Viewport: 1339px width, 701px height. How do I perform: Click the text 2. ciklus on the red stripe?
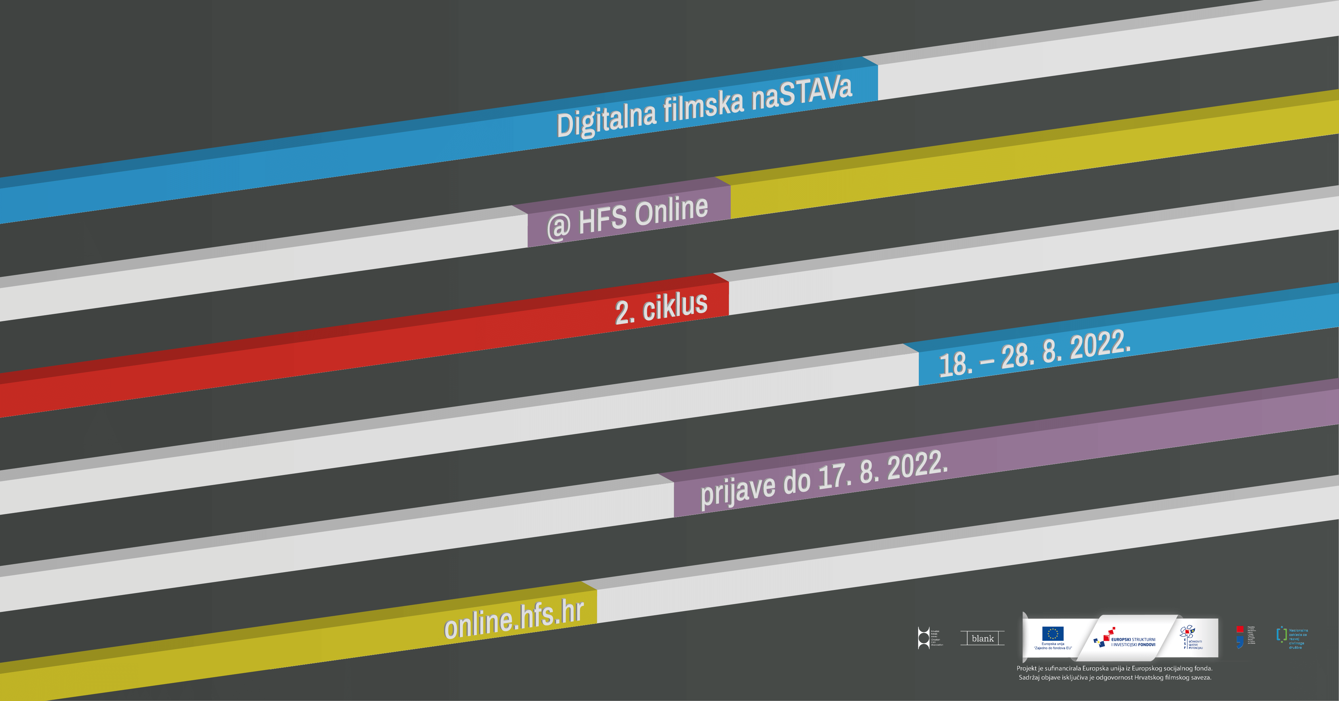(661, 308)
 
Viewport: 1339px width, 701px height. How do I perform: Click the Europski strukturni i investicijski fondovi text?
(1133, 642)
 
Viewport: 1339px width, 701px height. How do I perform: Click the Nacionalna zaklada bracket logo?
(1281, 635)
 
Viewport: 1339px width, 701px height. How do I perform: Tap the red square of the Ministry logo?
(1240, 630)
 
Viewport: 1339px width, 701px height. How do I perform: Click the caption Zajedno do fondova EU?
(1053, 648)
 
